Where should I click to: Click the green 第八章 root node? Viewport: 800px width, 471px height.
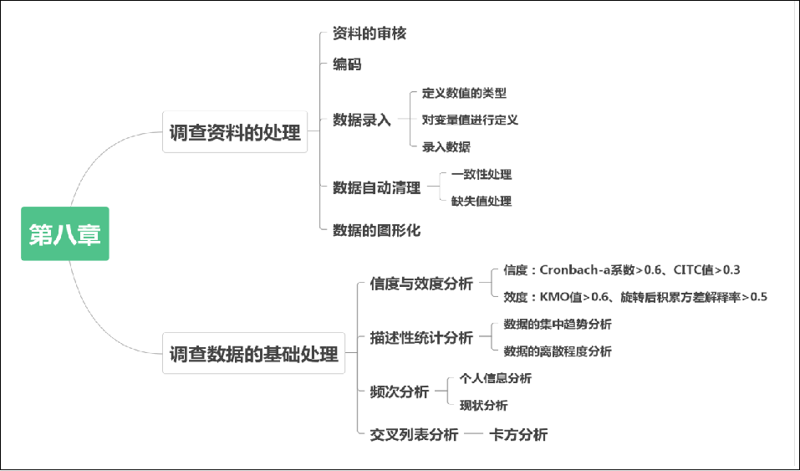[64, 234]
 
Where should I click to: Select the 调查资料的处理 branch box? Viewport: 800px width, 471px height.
[235, 132]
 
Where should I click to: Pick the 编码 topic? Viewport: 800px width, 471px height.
[347, 64]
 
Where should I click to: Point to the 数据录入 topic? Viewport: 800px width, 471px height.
[361, 120]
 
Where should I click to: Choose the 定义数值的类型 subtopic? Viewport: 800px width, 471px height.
[464, 93]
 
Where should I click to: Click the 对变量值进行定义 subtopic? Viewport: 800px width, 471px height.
[470, 120]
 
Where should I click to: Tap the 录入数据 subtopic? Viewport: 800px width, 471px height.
[446, 146]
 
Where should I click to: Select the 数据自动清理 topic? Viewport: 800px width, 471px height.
[376, 187]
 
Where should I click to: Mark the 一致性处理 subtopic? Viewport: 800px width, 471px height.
[481, 174]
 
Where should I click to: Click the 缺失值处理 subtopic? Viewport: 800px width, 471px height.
[481, 201]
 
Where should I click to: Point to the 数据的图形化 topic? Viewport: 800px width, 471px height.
[376, 230]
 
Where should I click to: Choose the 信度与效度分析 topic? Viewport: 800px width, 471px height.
[420, 284]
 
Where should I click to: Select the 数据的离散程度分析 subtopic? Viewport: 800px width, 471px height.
[557, 351]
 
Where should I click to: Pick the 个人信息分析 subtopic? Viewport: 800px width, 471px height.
[495, 378]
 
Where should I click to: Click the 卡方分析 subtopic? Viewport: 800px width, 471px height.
[518, 434]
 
